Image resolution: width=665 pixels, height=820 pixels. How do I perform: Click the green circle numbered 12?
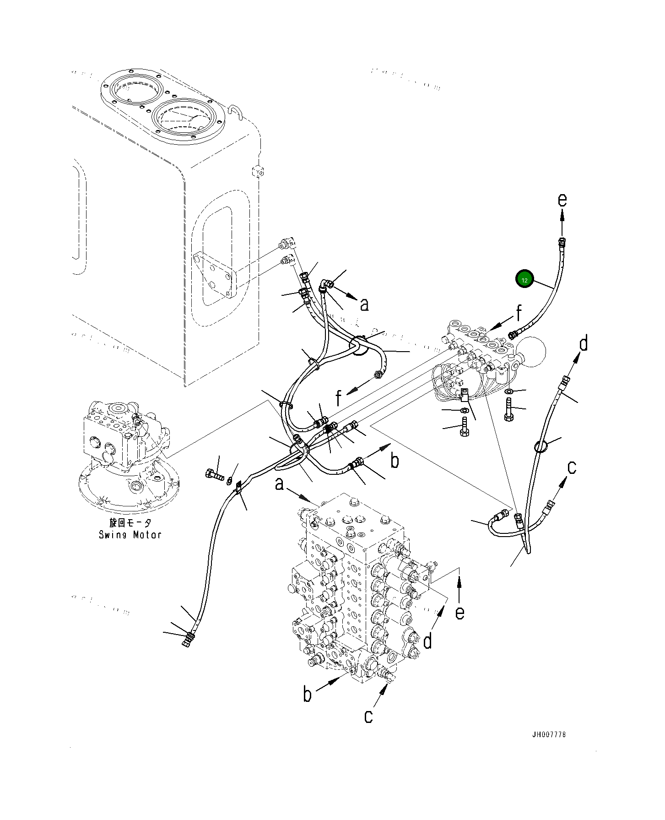tap(524, 280)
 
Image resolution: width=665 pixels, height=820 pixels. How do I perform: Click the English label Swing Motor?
tap(130, 534)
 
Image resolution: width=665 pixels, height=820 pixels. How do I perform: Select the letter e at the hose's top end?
tap(562, 200)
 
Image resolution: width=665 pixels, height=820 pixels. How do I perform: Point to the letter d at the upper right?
tap(583, 343)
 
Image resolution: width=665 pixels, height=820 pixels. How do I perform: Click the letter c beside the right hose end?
tap(572, 467)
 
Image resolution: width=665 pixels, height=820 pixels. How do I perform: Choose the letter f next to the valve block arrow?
tap(519, 314)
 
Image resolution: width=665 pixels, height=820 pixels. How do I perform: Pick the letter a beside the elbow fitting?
tap(364, 304)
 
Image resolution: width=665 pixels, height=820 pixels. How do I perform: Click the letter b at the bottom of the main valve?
tap(308, 707)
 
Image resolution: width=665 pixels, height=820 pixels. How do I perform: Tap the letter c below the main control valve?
tap(369, 729)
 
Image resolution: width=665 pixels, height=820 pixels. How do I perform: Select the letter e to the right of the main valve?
tap(460, 612)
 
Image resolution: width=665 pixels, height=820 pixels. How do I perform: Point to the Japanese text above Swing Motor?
tap(130, 523)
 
